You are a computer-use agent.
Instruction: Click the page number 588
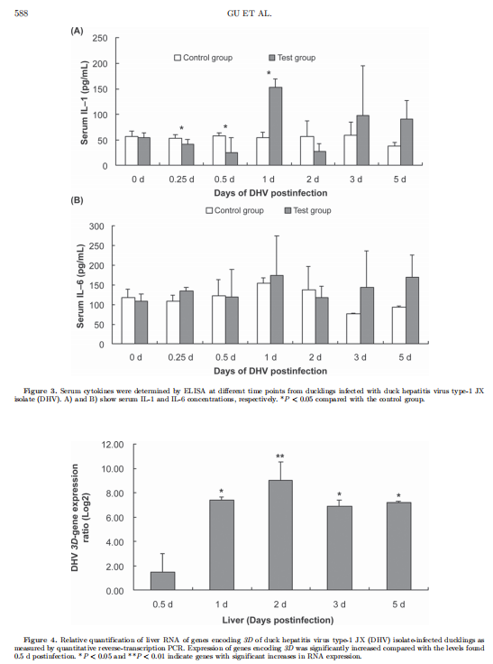point(21,14)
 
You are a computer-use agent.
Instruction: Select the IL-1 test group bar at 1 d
point(276,126)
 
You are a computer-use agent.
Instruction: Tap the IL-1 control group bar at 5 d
point(394,155)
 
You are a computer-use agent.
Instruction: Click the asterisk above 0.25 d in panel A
point(181,129)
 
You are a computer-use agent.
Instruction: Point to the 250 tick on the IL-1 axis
point(100,38)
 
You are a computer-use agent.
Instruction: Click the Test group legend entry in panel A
point(292,58)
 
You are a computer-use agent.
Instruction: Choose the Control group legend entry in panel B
point(235,210)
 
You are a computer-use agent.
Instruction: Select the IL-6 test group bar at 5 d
point(412,310)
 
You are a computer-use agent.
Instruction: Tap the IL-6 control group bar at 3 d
point(353,328)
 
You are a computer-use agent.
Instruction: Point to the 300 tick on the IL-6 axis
point(96,226)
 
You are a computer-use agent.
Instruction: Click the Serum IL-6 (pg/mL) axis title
point(80,287)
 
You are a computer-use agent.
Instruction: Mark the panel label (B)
point(77,200)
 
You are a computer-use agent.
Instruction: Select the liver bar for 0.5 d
point(163,581)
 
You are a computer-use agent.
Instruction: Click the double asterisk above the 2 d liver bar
point(280,456)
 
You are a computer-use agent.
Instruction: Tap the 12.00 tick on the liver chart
point(113,445)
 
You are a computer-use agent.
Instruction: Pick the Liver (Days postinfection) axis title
point(278,621)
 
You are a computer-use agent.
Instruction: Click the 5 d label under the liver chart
point(398,604)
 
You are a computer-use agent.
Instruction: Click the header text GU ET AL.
point(250,14)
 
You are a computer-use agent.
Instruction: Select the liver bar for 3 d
point(340,548)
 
